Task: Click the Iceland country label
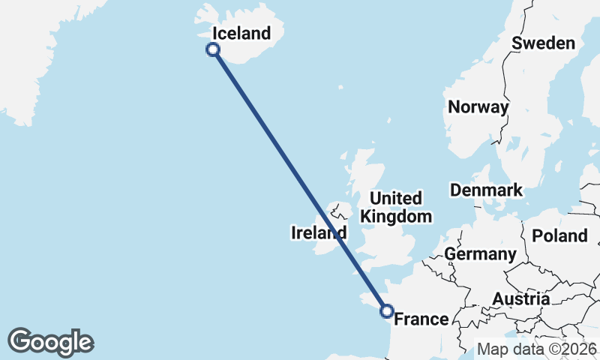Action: coord(241,33)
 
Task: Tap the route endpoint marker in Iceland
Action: coord(213,49)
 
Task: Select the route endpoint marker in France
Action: coord(387,310)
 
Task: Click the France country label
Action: coord(421,319)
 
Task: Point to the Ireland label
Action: coord(318,233)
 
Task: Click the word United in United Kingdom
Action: coord(396,199)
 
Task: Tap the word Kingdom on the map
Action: coord(396,217)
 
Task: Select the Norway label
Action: coord(478,107)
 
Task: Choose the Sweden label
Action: coord(543,43)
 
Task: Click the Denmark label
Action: coord(486,190)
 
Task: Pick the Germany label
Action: coord(480,254)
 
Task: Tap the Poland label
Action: coord(559,236)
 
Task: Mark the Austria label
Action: coord(520,299)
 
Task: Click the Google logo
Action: coord(50,342)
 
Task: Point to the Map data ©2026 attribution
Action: coord(537,349)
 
